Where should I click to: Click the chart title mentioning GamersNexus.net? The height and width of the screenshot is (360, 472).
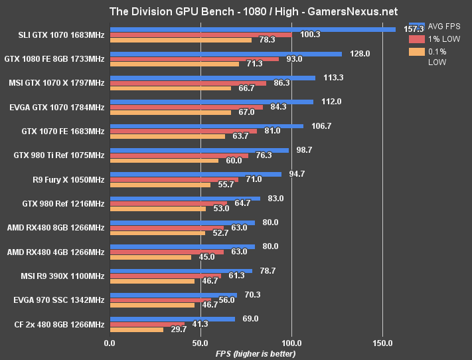point(236,11)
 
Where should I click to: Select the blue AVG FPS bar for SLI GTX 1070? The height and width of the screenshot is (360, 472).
point(252,29)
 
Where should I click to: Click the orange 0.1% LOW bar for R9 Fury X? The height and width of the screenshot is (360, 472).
point(160,184)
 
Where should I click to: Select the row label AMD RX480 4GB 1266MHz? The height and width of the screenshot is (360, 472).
point(56,252)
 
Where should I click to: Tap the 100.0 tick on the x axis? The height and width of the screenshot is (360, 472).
point(292,343)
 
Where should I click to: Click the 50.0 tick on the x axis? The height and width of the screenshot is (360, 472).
point(200,343)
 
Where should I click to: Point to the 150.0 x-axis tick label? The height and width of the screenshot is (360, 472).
point(383,343)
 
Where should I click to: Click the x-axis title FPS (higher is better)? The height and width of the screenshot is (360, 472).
point(256,353)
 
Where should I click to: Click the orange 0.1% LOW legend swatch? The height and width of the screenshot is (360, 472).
point(417,52)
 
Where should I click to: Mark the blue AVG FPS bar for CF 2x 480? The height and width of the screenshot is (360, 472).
point(172,319)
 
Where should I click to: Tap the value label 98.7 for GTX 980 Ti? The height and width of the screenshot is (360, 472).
point(304,150)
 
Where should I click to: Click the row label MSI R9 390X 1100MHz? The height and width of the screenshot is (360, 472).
point(58,276)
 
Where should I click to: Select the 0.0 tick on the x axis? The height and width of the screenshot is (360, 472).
point(110,343)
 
